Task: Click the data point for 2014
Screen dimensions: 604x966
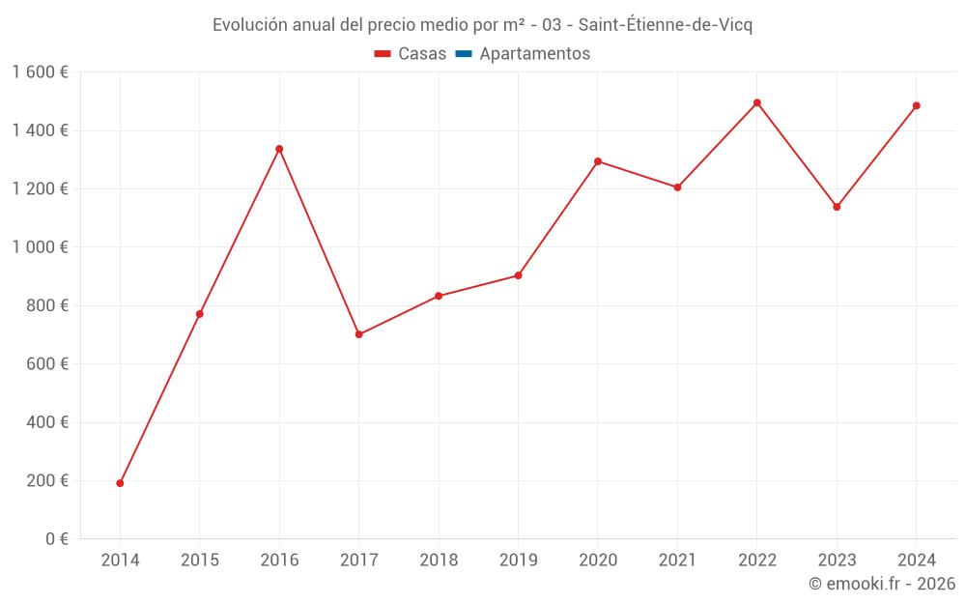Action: click(x=120, y=483)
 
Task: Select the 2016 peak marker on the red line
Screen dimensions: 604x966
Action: click(x=279, y=149)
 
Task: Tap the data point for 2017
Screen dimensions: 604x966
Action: click(x=358, y=334)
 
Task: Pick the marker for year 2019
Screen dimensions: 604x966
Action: click(x=518, y=275)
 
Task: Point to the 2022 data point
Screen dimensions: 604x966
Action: click(x=757, y=102)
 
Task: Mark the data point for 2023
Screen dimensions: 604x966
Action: click(x=837, y=207)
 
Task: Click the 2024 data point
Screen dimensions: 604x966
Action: click(x=916, y=105)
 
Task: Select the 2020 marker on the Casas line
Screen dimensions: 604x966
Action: click(x=598, y=161)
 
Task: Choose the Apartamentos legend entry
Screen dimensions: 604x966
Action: click(x=534, y=54)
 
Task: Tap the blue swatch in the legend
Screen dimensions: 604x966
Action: click(x=463, y=54)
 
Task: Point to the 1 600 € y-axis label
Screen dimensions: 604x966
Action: click(x=40, y=72)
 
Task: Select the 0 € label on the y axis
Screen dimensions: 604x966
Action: click(x=57, y=538)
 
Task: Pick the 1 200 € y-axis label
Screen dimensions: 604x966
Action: click(x=40, y=188)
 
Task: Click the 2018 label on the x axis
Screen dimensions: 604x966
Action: click(x=439, y=561)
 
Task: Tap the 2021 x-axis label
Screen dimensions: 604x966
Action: click(x=677, y=561)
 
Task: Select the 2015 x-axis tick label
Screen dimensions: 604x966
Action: click(x=200, y=561)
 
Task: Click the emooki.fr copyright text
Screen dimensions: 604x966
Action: click(x=881, y=584)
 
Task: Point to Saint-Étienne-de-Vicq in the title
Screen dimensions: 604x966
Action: click(x=665, y=25)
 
